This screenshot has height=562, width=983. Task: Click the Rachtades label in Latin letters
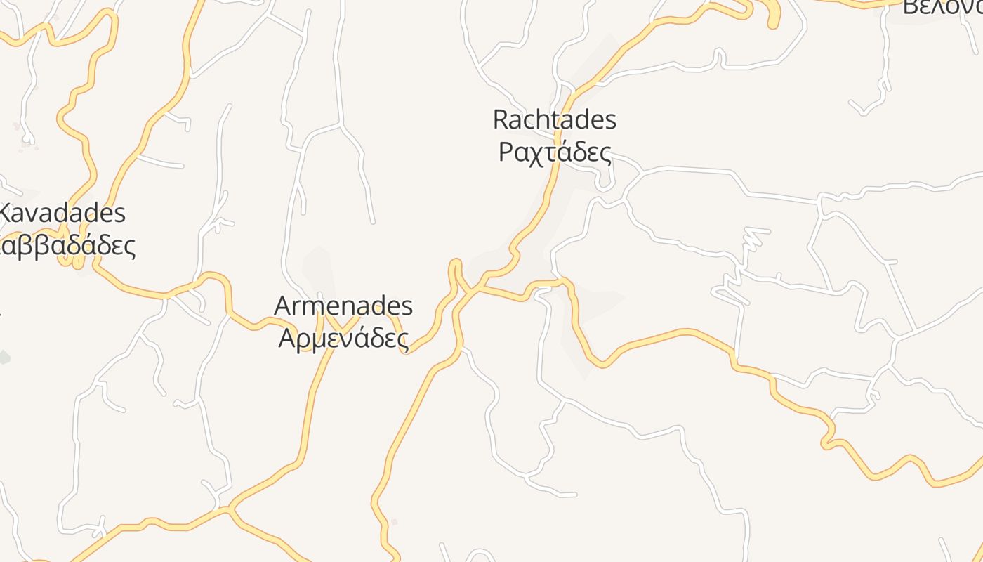[x=554, y=120]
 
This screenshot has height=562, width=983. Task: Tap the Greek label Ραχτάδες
[x=555, y=152]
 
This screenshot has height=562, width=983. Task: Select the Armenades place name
[x=343, y=306]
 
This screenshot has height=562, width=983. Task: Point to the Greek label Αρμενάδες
[x=343, y=339]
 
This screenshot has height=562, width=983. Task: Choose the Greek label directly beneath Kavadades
[x=67, y=246]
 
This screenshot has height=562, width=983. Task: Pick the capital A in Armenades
[x=282, y=306]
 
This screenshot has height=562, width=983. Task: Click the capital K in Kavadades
[x=6, y=214]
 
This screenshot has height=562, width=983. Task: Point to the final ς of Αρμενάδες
[x=402, y=341]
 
